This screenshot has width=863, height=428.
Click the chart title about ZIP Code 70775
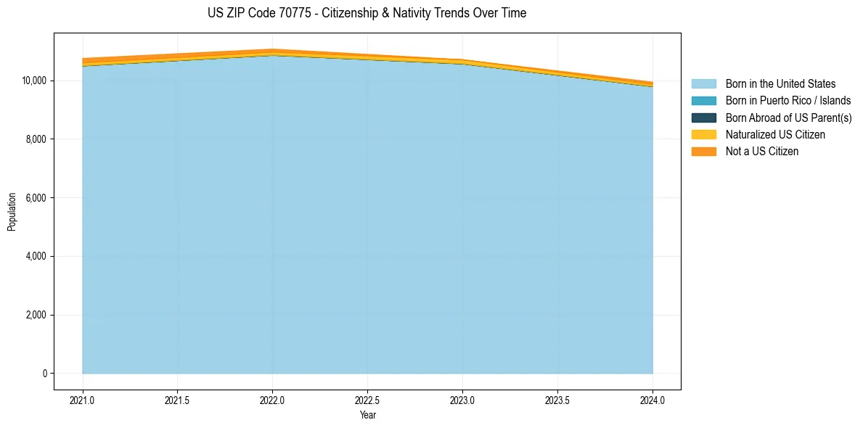point(367,13)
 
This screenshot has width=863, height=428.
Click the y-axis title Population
point(12,212)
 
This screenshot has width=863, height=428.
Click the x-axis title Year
point(367,415)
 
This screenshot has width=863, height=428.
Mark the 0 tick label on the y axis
point(44,374)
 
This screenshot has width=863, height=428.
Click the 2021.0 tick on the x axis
point(83,400)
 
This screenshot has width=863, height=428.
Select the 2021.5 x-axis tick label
point(178,400)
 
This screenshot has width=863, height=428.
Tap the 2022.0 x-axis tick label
point(273,400)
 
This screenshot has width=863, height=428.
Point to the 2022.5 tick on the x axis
point(368,400)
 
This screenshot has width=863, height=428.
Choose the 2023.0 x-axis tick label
point(462,400)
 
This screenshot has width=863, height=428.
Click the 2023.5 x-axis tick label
point(557,400)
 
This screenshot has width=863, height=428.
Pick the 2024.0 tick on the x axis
point(653,400)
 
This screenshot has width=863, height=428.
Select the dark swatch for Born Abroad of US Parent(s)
point(703,118)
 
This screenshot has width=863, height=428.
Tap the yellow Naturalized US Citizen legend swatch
point(703,135)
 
